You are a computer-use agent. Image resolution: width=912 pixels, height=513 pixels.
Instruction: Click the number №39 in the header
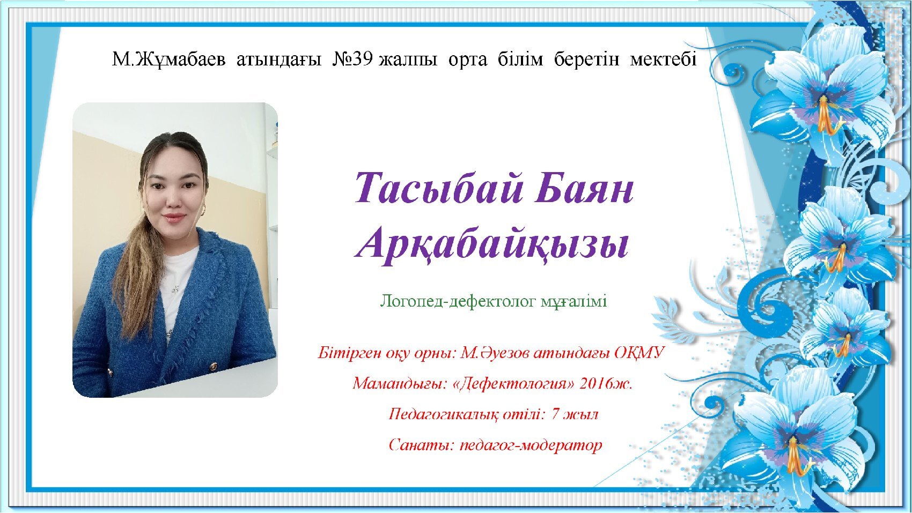point(352,60)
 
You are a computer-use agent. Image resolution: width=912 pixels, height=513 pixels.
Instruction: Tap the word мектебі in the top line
point(663,60)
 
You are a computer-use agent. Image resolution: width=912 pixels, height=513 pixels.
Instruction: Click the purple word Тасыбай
point(438,188)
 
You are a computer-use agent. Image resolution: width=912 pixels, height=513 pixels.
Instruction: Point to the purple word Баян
point(585,189)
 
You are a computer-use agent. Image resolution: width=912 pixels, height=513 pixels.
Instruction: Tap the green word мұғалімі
point(573,301)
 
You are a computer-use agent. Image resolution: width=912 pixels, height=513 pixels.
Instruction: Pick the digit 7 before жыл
point(555,414)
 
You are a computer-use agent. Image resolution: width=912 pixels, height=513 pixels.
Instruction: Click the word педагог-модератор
point(531,445)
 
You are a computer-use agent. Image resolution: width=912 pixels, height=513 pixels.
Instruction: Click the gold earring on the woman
point(203,210)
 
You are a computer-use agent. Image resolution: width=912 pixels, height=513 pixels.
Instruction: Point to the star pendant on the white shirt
point(175,289)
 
